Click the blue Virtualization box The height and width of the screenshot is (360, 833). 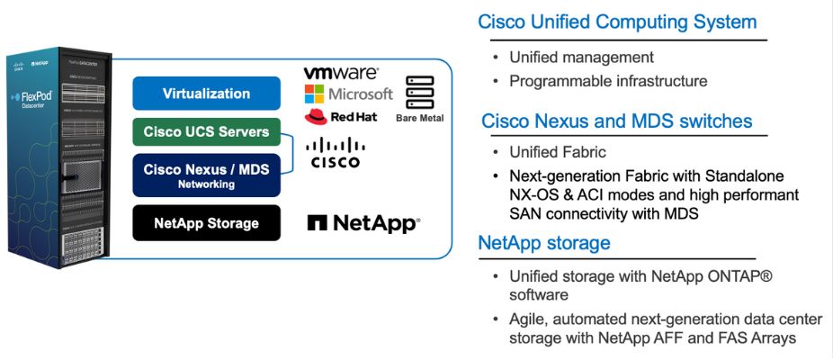206,94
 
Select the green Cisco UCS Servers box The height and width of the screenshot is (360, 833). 206,132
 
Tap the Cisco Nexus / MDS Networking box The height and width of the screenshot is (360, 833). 206,174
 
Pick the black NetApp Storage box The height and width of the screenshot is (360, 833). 206,222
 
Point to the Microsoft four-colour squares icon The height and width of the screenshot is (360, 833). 314,94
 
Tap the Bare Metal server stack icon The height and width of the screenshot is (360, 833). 420,93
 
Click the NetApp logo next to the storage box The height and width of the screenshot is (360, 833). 363,223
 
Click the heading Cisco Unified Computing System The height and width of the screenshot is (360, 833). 617,22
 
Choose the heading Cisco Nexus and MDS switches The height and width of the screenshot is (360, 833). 616,121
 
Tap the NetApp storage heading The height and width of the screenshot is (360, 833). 544,242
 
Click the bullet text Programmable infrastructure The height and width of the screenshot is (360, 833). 608,81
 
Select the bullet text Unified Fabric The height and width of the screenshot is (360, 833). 558,152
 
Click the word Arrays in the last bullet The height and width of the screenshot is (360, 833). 771,337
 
